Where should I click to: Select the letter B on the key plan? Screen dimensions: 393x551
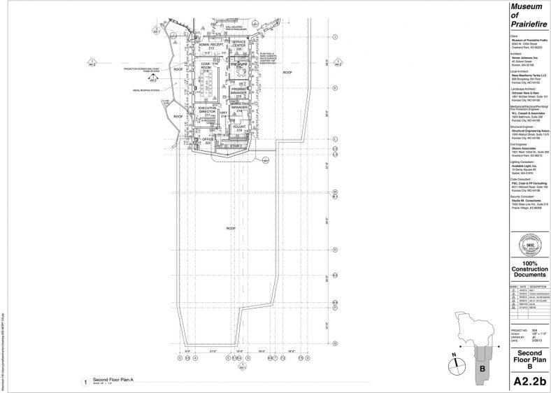click(x=482, y=367)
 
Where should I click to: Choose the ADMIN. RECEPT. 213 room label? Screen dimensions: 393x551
click(x=210, y=47)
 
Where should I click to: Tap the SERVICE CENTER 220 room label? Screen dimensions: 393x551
click(x=243, y=46)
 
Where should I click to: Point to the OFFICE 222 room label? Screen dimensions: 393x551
click(x=207, y=141)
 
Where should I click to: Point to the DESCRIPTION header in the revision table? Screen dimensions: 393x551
click(x=538, y=286)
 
